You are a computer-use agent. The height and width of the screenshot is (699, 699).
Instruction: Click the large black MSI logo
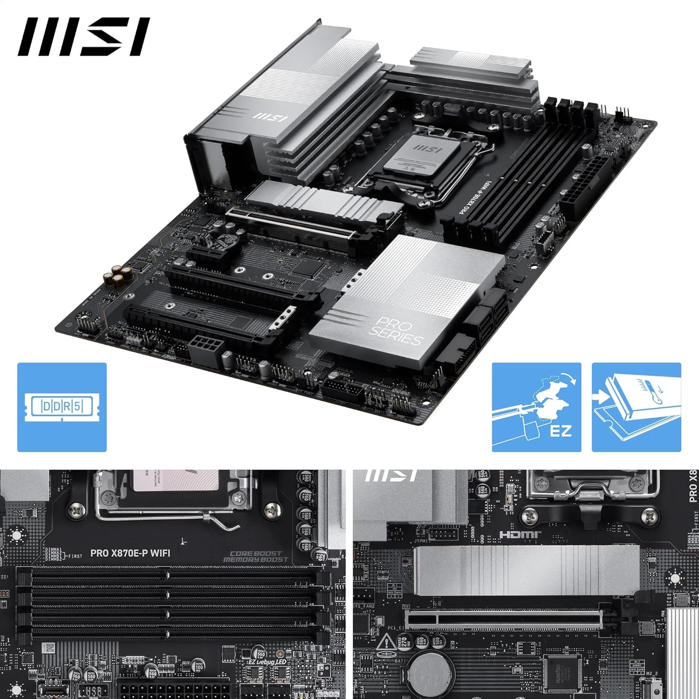tap(84, 37)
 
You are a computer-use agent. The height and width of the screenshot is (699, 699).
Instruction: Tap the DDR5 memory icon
tap(62, 407)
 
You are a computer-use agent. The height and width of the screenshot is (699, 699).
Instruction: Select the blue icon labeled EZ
tap(536, 407)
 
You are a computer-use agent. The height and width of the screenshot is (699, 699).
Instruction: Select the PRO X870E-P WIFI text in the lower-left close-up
tap(130, 553)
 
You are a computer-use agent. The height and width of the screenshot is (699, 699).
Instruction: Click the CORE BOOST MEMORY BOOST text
tap(256, 557)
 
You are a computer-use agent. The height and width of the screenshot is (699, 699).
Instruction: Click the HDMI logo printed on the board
tap(520, 535)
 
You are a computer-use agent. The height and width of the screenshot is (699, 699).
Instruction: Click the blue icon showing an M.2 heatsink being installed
tap(636, 407)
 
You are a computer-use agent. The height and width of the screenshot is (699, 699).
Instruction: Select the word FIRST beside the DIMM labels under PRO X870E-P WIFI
tap(75, 556)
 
